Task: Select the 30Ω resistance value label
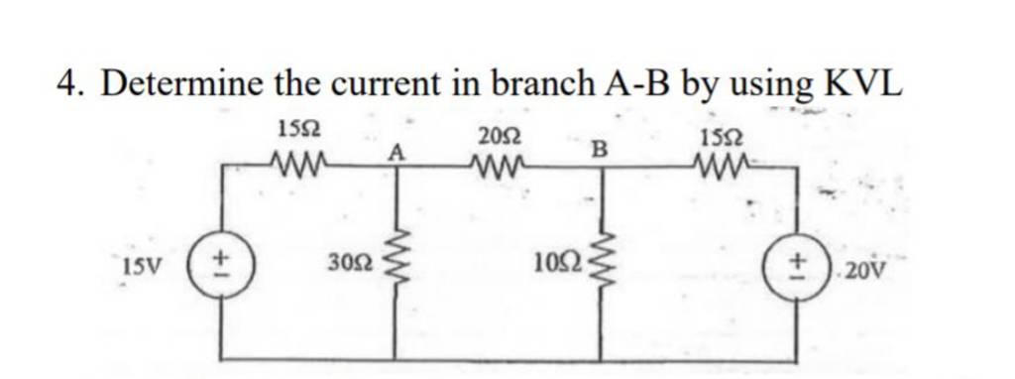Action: click(x=353, y=265)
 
